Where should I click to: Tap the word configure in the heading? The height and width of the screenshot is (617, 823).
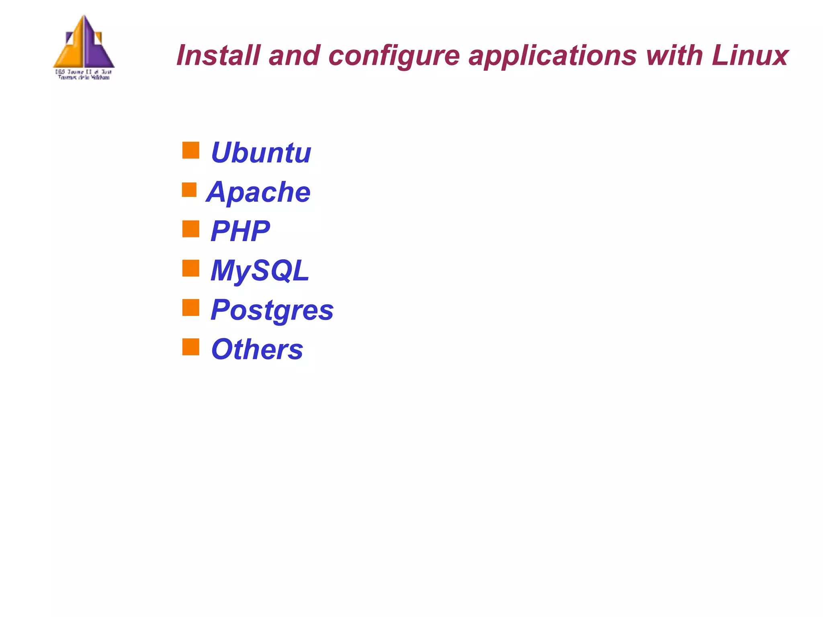tap(394, 56)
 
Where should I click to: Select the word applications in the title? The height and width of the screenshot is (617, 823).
tap(552, 56)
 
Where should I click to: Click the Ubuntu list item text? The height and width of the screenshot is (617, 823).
tap(261, 153)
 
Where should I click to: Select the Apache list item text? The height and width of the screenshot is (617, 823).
tap(258, 192)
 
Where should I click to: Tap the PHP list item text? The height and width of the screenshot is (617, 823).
tap(240, 231)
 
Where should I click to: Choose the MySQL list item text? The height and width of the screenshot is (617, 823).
tap(260, 271)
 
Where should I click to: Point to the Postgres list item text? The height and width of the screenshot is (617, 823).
tap(272, 310)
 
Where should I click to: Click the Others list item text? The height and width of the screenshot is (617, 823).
tap(257, 349)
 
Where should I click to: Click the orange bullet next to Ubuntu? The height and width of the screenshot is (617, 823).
tap(191, 150)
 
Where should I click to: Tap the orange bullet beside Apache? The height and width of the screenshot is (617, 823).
tap(189, 190)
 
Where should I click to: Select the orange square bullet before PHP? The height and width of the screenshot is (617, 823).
tap(191, 229)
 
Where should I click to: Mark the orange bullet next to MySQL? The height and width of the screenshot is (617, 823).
tap(191, 268)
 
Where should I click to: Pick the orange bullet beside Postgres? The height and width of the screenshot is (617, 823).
tap(191, 307)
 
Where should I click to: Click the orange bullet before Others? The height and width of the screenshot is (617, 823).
tap(191, 347)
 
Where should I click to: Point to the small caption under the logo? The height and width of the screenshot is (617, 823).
tap(84, 75)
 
